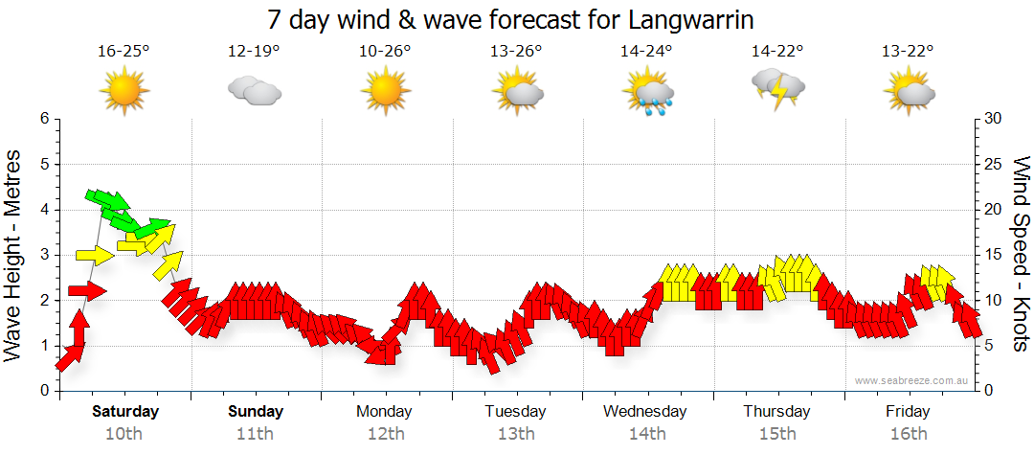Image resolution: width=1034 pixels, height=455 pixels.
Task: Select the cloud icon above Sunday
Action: pos(254,91)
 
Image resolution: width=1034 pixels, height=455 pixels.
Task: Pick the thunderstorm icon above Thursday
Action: pos(778,88)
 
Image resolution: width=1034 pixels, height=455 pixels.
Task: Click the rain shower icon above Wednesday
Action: pos(648,93)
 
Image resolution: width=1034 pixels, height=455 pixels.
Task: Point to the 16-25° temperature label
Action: pos(124,51)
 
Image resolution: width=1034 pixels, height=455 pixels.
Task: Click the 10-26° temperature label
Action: pos(385,51)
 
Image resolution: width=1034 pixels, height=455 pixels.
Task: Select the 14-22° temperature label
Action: pos(777,51)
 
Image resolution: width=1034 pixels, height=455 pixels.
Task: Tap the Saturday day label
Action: pos(125,412)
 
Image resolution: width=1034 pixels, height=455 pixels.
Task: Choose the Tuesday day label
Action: pos(515,412)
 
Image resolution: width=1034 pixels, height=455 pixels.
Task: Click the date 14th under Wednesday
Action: pos(647,434)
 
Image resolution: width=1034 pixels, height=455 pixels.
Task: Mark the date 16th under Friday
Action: pos(908,434)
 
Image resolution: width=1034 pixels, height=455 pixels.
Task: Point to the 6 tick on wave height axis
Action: pos(43,119)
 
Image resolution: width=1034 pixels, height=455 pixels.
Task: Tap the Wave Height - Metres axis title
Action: pos(15,255)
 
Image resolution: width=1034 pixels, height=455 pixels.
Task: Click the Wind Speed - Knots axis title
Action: pos(1021,255)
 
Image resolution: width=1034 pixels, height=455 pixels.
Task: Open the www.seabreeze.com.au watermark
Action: pos(913,380)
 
